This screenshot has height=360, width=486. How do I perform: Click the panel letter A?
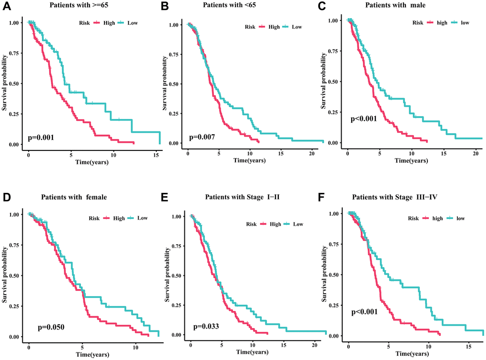click(x=6, y=7)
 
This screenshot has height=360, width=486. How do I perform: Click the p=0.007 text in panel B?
click(x=202, y=137)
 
